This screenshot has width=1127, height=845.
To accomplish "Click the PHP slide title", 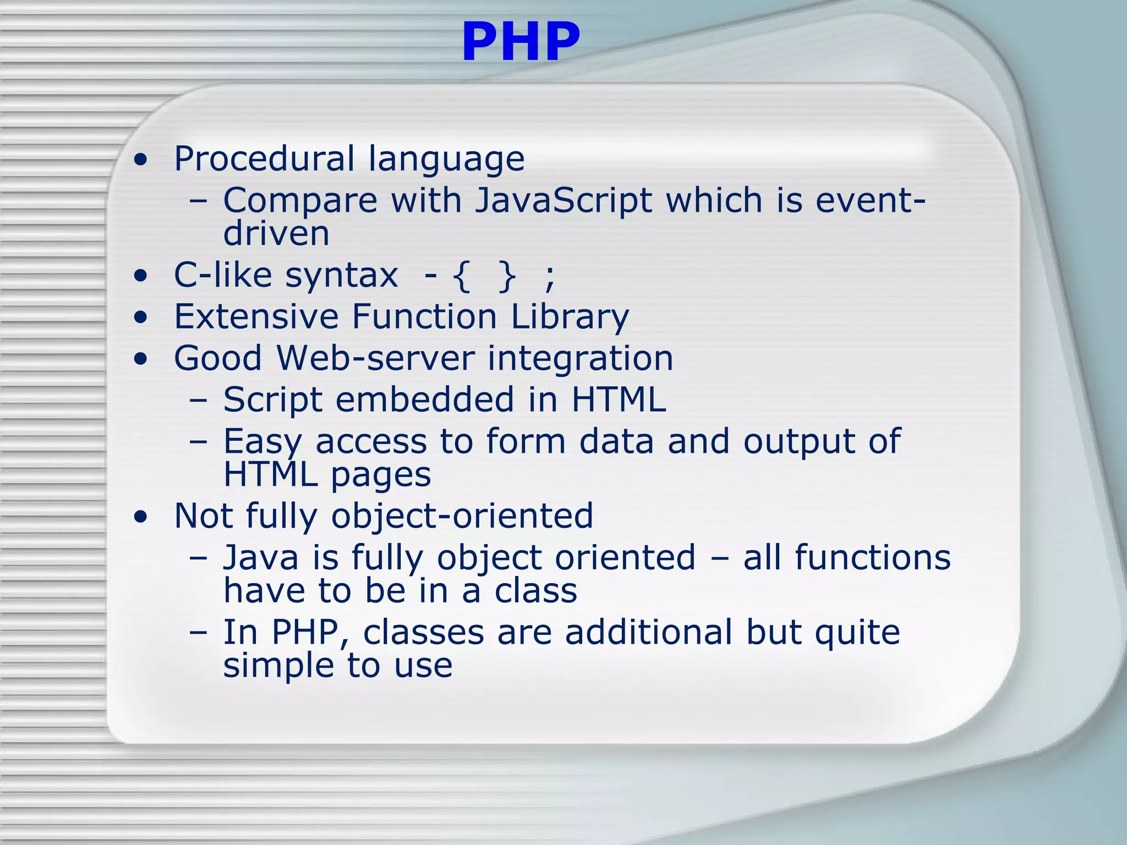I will click(x=521, y=42).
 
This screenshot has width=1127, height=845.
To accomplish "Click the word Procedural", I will click(x=264, y=159).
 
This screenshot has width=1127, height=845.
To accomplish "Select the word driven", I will click(x=276, y=233).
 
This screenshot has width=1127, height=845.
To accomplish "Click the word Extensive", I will click(x=256, y=317).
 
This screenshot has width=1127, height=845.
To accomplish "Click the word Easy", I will click(x=262, y=442).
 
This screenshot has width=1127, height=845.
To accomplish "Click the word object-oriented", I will click(x=462, y=517).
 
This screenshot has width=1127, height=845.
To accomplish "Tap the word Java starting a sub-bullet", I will click(x=261, y=558).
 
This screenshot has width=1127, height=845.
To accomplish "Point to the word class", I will click(x=535, y=591).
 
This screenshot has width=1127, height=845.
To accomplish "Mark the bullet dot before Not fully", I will click(x=141, y=517).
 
